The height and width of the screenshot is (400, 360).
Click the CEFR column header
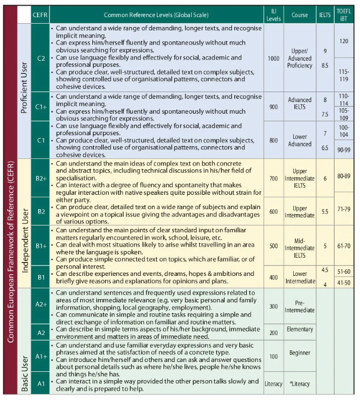pyautogui.click(x=40, y=15)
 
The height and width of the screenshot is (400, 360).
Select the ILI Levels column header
pyautogui.click(x=273, y=15)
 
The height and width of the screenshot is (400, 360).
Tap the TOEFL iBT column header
pyautogui.click(x=344, y=15)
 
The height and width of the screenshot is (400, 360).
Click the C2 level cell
pyautogui.click(x=40, y=57)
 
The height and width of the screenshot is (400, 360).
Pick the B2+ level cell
pyautogui.click(x=40, y=178)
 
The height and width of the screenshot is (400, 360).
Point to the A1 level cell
pyautogui.click(x=40, y=383)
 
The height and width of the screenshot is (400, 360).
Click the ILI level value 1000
pyautogui.click(x=273, y=58)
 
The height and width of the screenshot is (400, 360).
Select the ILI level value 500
pyautogui.click(x=273, y=246)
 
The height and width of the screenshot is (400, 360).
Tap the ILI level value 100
pyautogui.click(x=273, y=356)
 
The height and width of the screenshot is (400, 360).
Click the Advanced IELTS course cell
pyautogui.click(x=299, y=104)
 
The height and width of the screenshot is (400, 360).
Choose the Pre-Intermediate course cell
pyautogui.click(x=299, y=306)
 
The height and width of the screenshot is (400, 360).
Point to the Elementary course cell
pyautogui.click(x=299, y=329)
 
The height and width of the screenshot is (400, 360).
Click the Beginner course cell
pyautogui.click(x=299, y=353)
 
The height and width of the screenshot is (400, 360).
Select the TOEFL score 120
pyautogui.click(x=344, y=41)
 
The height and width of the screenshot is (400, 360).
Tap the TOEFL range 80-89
pyautogui.click(x=344, y=175)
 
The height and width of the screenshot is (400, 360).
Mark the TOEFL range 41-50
pyautogui.click(x=344, y=282)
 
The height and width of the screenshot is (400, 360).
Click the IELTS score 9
pyautogui.click(x=325, y=51)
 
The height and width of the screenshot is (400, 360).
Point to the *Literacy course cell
pyautogui.click(x=299, y=383)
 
